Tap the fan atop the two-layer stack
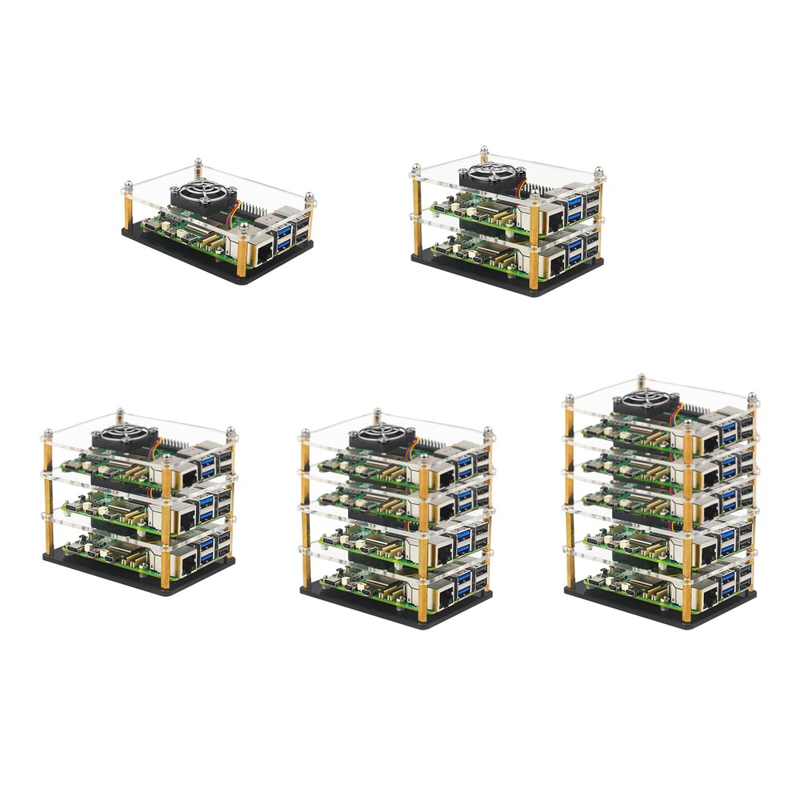[487, 175]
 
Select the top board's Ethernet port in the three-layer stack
[189, 479]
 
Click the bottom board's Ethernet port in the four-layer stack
[445, 592]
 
